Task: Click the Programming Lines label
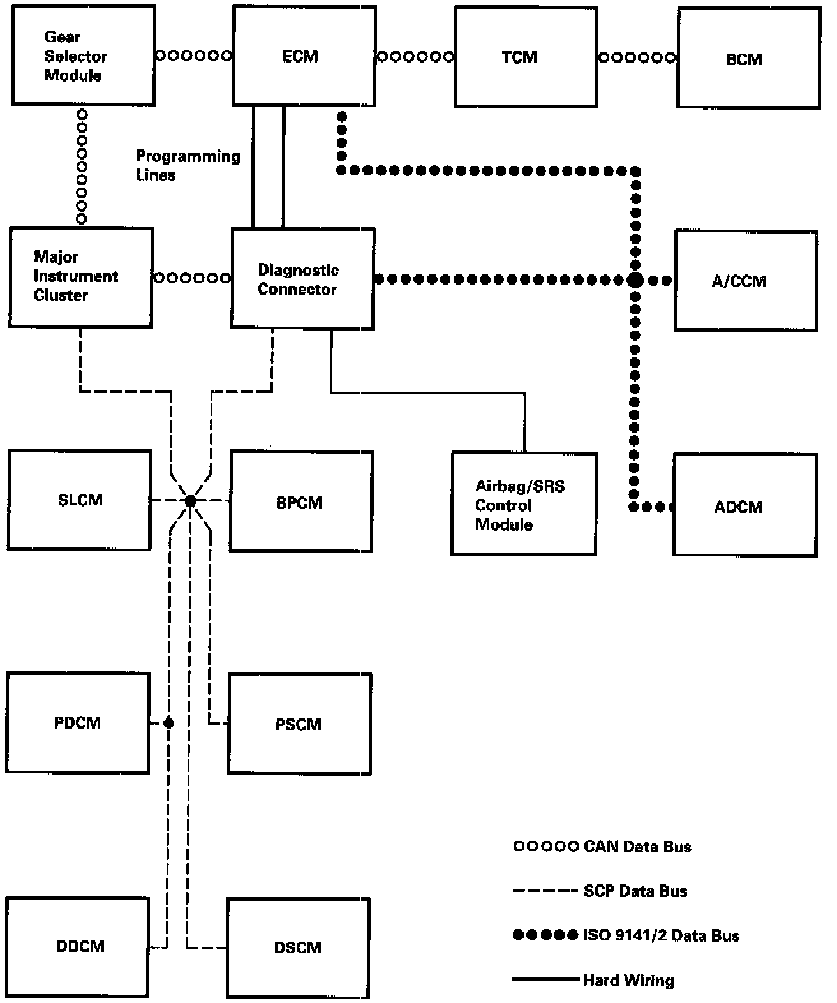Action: click(x=188, y=165)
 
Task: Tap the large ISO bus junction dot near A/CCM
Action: click(x=635, y=279)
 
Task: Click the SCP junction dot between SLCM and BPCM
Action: click(x=191, y=500)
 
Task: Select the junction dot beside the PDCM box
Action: click(x=168, y=723)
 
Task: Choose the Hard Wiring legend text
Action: click(x=628, y=981)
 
